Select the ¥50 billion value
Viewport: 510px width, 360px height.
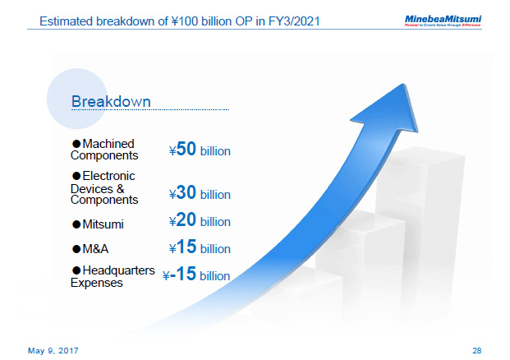pyautogui.click(x=200, y=150)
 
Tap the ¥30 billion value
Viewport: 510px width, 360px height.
pyautogui.click(x=200, y=194)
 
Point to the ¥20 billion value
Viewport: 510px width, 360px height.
pyautogui.click(x=200, y=221)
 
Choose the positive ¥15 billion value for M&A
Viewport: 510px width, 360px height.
pyautogui.click(x=200, y=248)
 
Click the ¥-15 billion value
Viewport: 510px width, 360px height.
pyautogui.click(x=196, y=275)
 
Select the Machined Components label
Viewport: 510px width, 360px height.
pyautogui.click(x=103, y=149)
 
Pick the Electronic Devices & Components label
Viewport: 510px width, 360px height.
pyautogui.click(x=104, y=187)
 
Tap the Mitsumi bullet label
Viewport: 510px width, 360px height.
pyautogui.click(x=103, y=224)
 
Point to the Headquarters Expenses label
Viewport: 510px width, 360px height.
pyautogui.click(x=113, y=276)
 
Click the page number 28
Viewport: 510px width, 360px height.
pyautogui.click(x=477, y=349)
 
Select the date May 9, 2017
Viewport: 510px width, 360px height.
pyautogui.click(x=54, y=349)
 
